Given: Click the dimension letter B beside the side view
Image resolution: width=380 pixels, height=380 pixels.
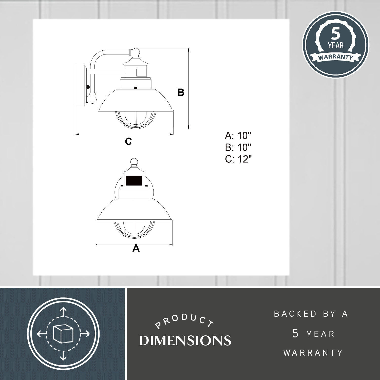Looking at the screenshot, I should point(181,92).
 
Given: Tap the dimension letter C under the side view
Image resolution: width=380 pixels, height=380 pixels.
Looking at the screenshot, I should point(128,141).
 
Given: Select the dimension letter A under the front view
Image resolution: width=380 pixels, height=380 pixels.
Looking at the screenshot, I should point(136,248).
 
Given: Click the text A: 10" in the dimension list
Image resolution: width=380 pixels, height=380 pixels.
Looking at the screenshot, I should point(238,136).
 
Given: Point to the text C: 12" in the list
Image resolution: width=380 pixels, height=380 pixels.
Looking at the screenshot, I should point(238,160).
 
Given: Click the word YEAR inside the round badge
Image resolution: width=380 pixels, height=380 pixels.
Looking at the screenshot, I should point(336,46).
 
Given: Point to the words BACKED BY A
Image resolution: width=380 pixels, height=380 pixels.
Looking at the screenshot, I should point(311,314).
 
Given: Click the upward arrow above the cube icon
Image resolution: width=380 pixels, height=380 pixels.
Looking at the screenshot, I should point(63,312).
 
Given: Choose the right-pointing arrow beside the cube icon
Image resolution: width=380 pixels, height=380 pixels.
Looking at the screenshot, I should point(85,334).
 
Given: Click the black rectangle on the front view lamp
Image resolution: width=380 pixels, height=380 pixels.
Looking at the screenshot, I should point(134,181).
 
